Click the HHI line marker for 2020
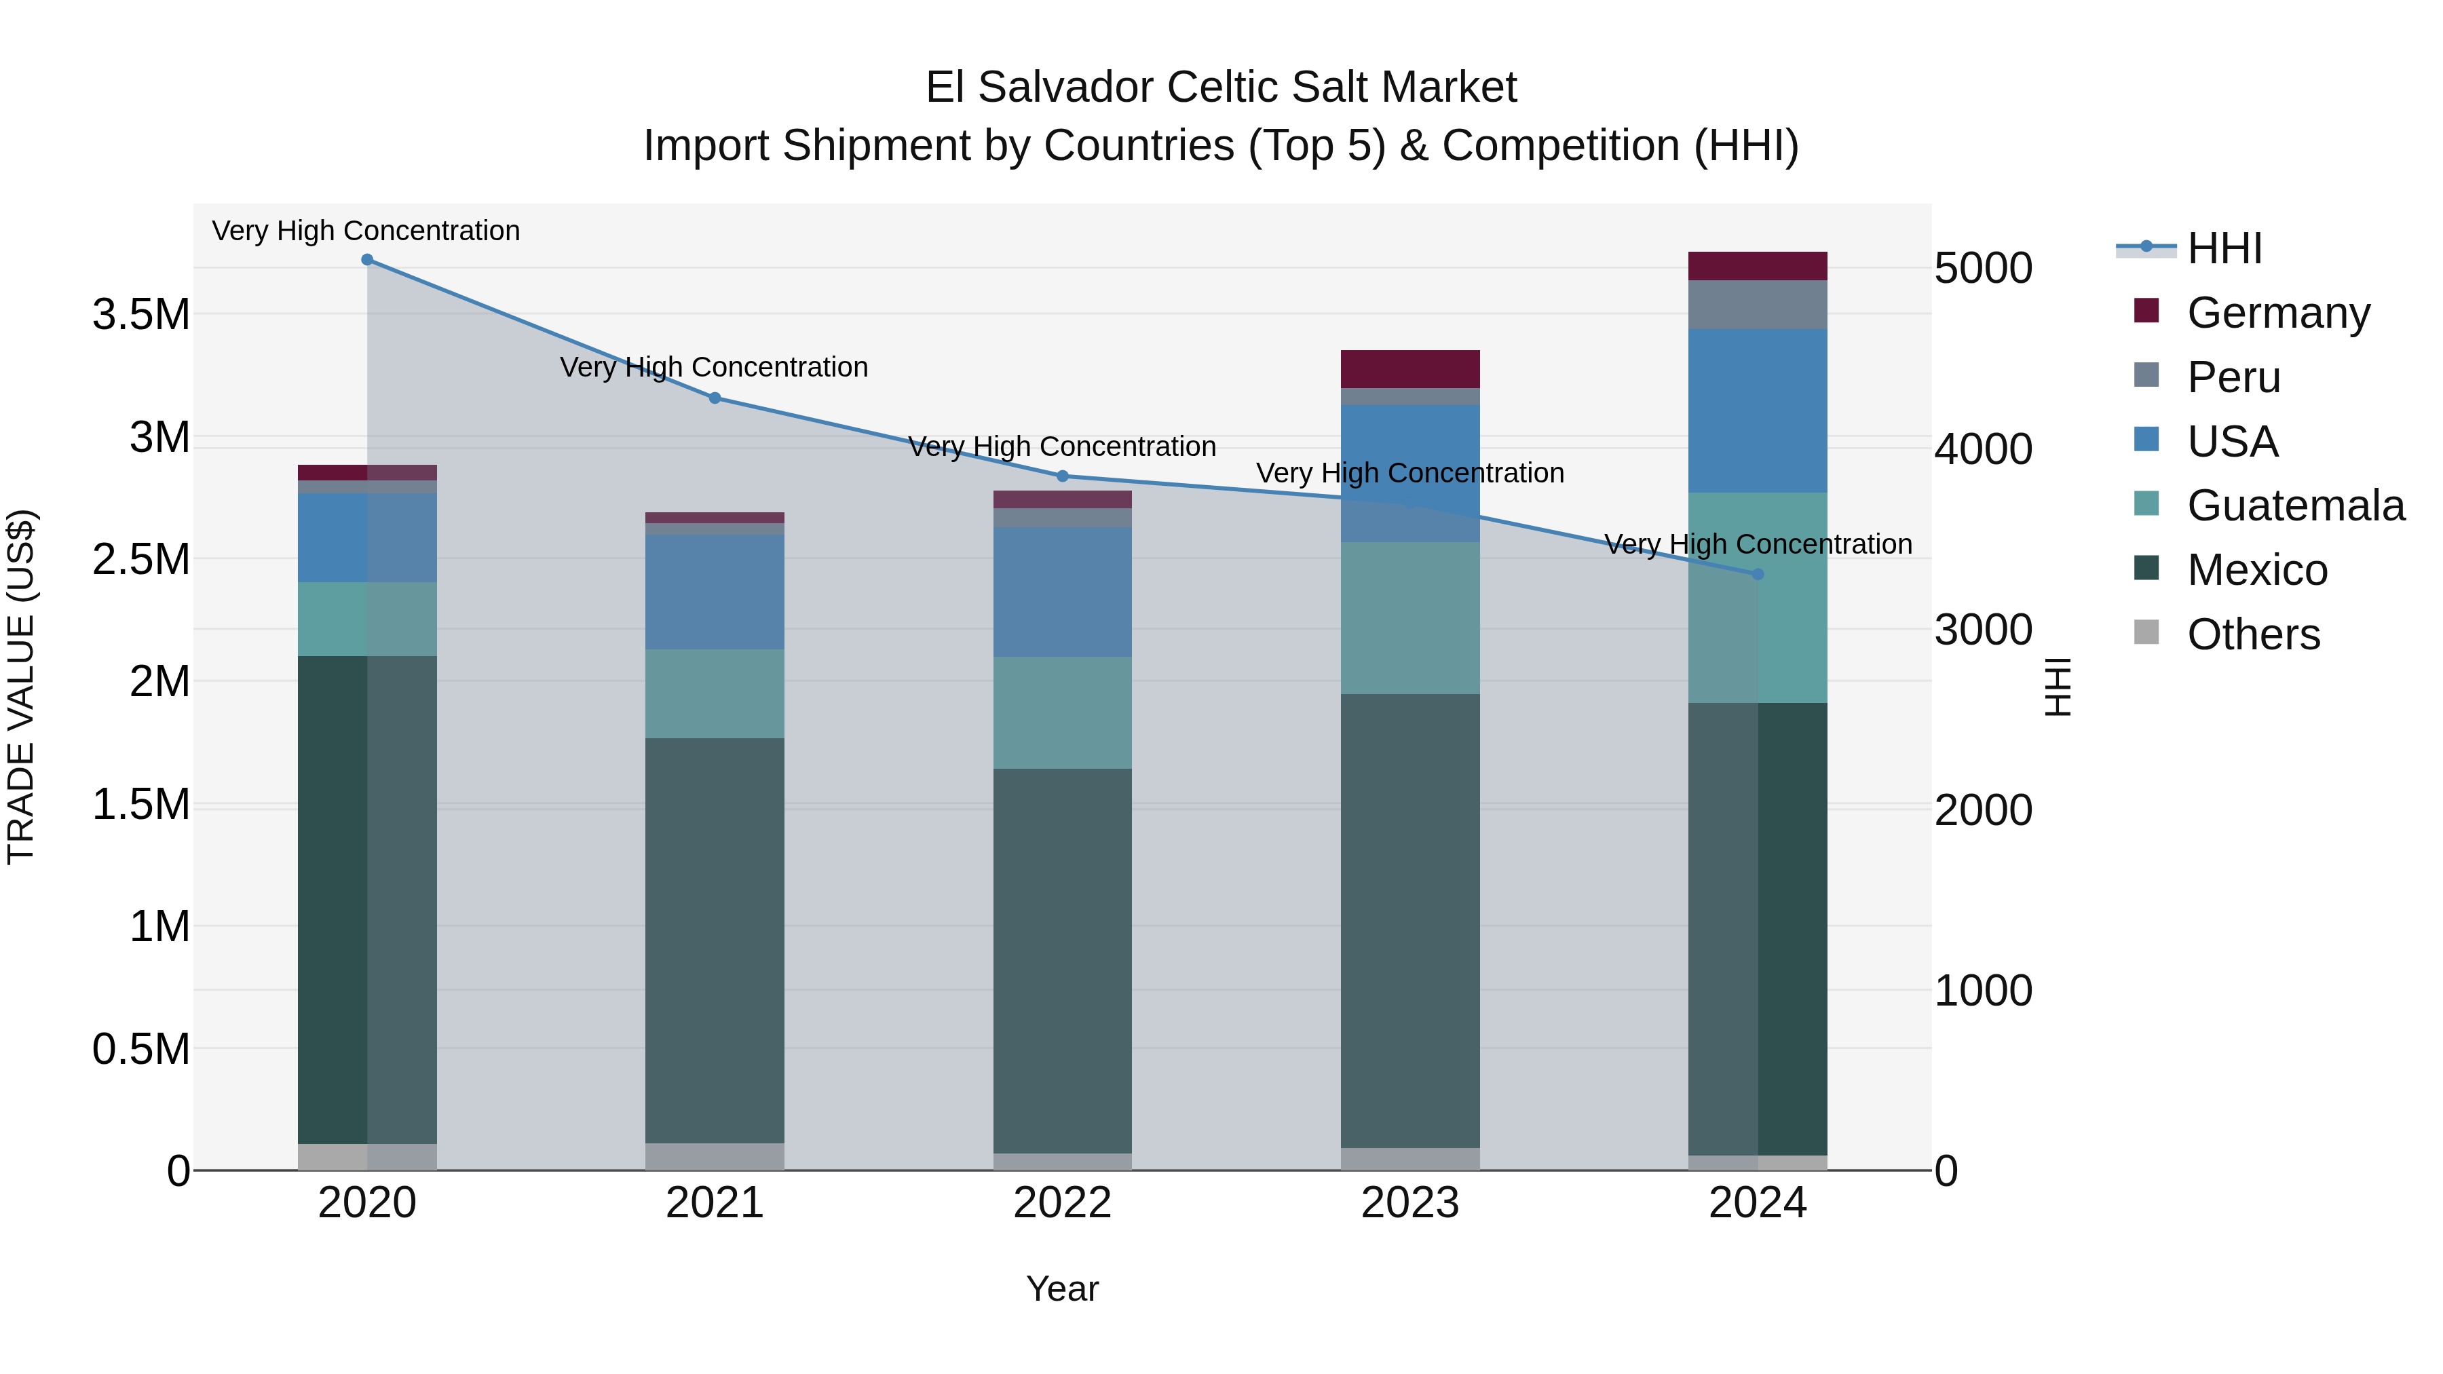pyautogui.click(x=367, y=259)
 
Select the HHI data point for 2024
pyautogui.click(x=1758, y=573)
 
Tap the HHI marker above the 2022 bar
pyautogui.click(x=1062, y=476)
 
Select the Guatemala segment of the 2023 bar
pyautogui.click(x=1409, y=617)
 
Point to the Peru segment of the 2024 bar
pyautogui.click(x=1758, y=305)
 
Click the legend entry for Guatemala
pyautogui.click(x=2295, y=505)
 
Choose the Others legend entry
pyautogui.click(x=2252, y=634)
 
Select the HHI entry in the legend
pyautogui.click(x=2224, y=248)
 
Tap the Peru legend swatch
pyautogui.click(x=2146, y=375)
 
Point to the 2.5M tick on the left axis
pyautogui.click(x=140, y=560)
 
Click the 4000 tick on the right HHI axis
pyautogui.click(x=1983, y=449)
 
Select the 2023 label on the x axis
pyautogui.click(x=1409, y=1203)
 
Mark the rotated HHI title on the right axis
pyautogui.click(x=2056, y=687)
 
